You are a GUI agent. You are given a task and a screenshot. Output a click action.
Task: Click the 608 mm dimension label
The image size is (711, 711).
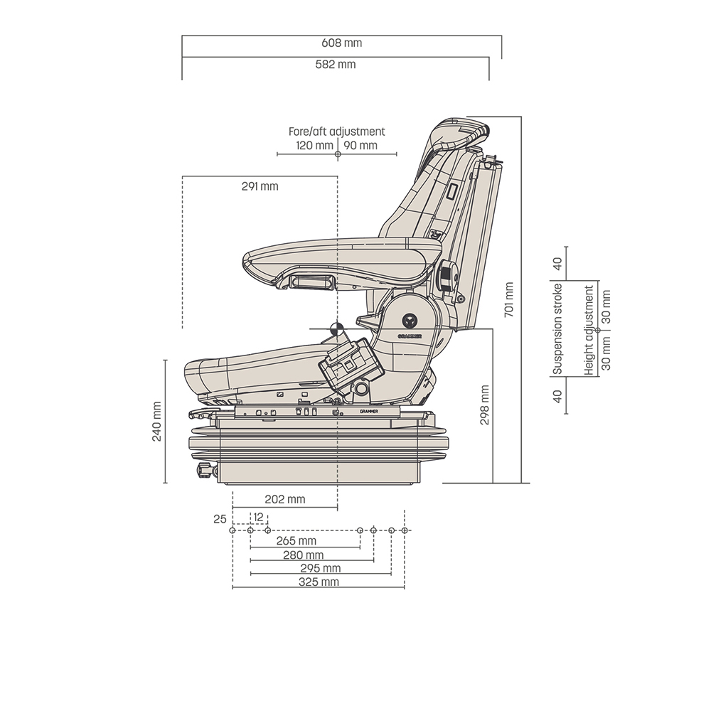tap(342, 43)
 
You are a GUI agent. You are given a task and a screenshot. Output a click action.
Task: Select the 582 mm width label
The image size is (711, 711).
tap(336, 65)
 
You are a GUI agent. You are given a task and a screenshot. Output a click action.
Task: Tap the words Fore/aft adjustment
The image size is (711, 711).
tap(336, 132)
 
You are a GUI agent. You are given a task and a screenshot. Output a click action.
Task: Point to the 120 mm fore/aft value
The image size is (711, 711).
tap(314, 146)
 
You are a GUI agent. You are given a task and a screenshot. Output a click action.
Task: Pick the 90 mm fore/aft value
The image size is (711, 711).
tap(360, 146)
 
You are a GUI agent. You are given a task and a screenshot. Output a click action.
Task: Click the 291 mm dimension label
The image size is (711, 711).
tap(260, 187)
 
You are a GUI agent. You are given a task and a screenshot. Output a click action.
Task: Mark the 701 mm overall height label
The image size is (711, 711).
tap(508, 300)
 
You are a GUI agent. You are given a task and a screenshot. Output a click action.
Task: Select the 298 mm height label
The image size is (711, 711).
tap(484, 405)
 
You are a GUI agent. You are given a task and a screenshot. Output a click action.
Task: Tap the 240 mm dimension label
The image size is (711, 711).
tap(156, 421)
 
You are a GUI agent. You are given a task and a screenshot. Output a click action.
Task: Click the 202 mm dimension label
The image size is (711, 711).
tap(285, 499)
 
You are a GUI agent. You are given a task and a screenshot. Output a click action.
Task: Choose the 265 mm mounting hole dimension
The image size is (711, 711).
tap(296, 541)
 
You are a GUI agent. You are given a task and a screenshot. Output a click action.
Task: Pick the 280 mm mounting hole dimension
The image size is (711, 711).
tap(304, 555)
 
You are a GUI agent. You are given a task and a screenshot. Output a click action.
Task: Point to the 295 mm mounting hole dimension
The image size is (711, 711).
tap(321, 568)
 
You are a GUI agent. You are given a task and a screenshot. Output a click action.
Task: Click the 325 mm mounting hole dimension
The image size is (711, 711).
tap(319, 582)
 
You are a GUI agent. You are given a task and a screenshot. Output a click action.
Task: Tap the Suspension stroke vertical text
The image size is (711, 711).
tap(558, 328)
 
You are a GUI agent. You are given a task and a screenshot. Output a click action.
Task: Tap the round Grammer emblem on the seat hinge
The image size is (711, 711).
tap(410, 320)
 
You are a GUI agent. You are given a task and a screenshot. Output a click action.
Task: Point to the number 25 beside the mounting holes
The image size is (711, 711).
tap(220, 519)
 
